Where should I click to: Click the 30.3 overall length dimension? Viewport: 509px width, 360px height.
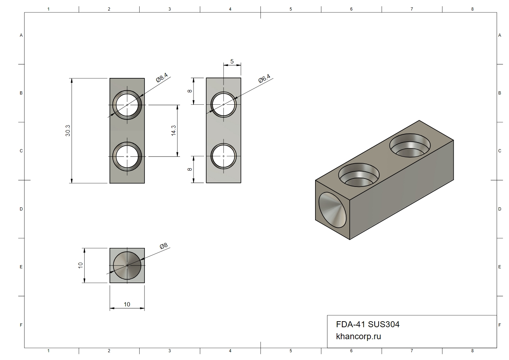click(x=68, y=131)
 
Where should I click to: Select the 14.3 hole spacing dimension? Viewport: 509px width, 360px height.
click(x=174, y=130)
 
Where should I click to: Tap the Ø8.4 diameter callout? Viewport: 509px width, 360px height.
click(x=162, y=78)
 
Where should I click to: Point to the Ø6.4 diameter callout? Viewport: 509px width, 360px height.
click(x=264, y=78)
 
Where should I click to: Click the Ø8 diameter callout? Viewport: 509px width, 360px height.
click(x=164, y=246)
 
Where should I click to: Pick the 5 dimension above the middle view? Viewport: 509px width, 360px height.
click(x=232, y=61)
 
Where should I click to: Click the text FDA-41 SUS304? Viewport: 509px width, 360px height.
click(x=368, y=324)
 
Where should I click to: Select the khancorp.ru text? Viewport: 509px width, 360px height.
click(x=358, y=336)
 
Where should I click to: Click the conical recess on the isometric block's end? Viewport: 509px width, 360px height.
click(x=332, y=210)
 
